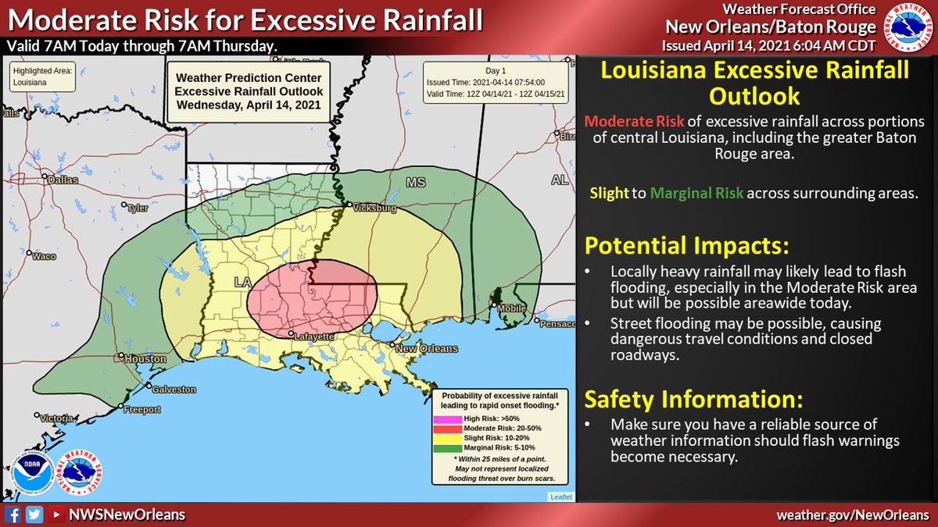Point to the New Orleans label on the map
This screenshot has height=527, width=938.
pos(426,348)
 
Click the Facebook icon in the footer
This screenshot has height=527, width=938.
pos(13,514)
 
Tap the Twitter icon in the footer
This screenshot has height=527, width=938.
pos(33,514)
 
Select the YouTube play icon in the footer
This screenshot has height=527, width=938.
pos(54,514)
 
